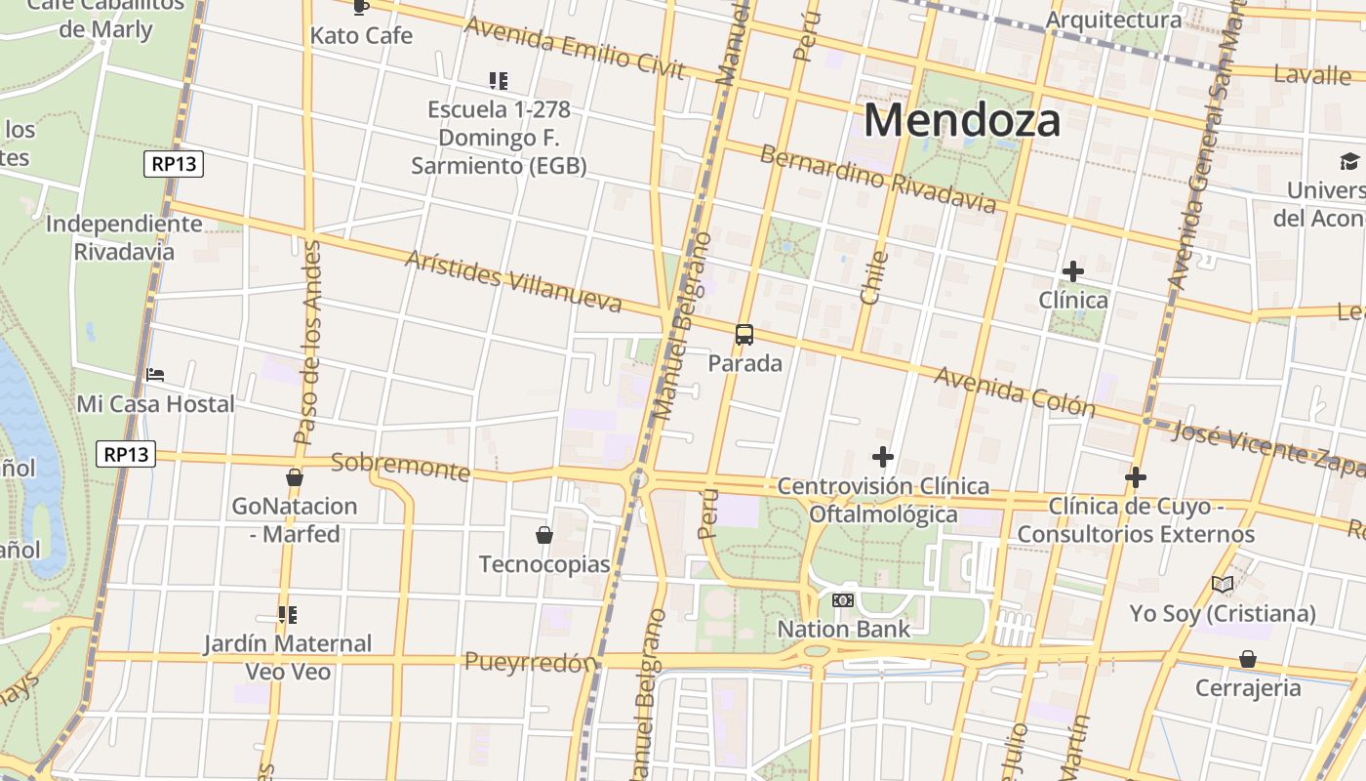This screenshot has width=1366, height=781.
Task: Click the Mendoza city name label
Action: (962, 121)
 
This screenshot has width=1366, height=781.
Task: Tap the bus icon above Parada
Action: (744, 335)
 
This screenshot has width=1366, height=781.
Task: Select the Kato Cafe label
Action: (361, 36)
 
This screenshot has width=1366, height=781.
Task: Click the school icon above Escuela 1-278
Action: (499, 80)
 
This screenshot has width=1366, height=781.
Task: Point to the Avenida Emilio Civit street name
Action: (575, 48)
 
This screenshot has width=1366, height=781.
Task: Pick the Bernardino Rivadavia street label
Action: (877, 179)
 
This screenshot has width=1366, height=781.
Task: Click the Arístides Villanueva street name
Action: (512, 281)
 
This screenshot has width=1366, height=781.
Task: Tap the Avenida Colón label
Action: (1015, 390)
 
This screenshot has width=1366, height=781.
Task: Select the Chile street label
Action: (873, 278)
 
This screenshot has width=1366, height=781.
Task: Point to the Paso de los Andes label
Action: (308, 342)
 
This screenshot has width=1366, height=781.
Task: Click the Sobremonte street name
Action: (400, 466)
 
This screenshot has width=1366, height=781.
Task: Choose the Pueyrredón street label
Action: (530, 662)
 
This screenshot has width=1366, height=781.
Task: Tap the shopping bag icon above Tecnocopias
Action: (544, 535)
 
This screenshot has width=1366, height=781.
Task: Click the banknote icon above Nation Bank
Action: (843, 599)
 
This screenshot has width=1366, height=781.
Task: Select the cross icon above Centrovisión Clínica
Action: (883, 456)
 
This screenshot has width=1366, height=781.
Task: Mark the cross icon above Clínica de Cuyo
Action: (1135, 477)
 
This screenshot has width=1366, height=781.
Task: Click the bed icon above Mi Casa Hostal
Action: (155, 374)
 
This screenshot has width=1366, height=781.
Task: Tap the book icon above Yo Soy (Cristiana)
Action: (1223, 584)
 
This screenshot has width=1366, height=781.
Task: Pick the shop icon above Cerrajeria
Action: (1248, 659)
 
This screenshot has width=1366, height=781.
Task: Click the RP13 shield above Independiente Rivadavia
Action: (175, 164)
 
